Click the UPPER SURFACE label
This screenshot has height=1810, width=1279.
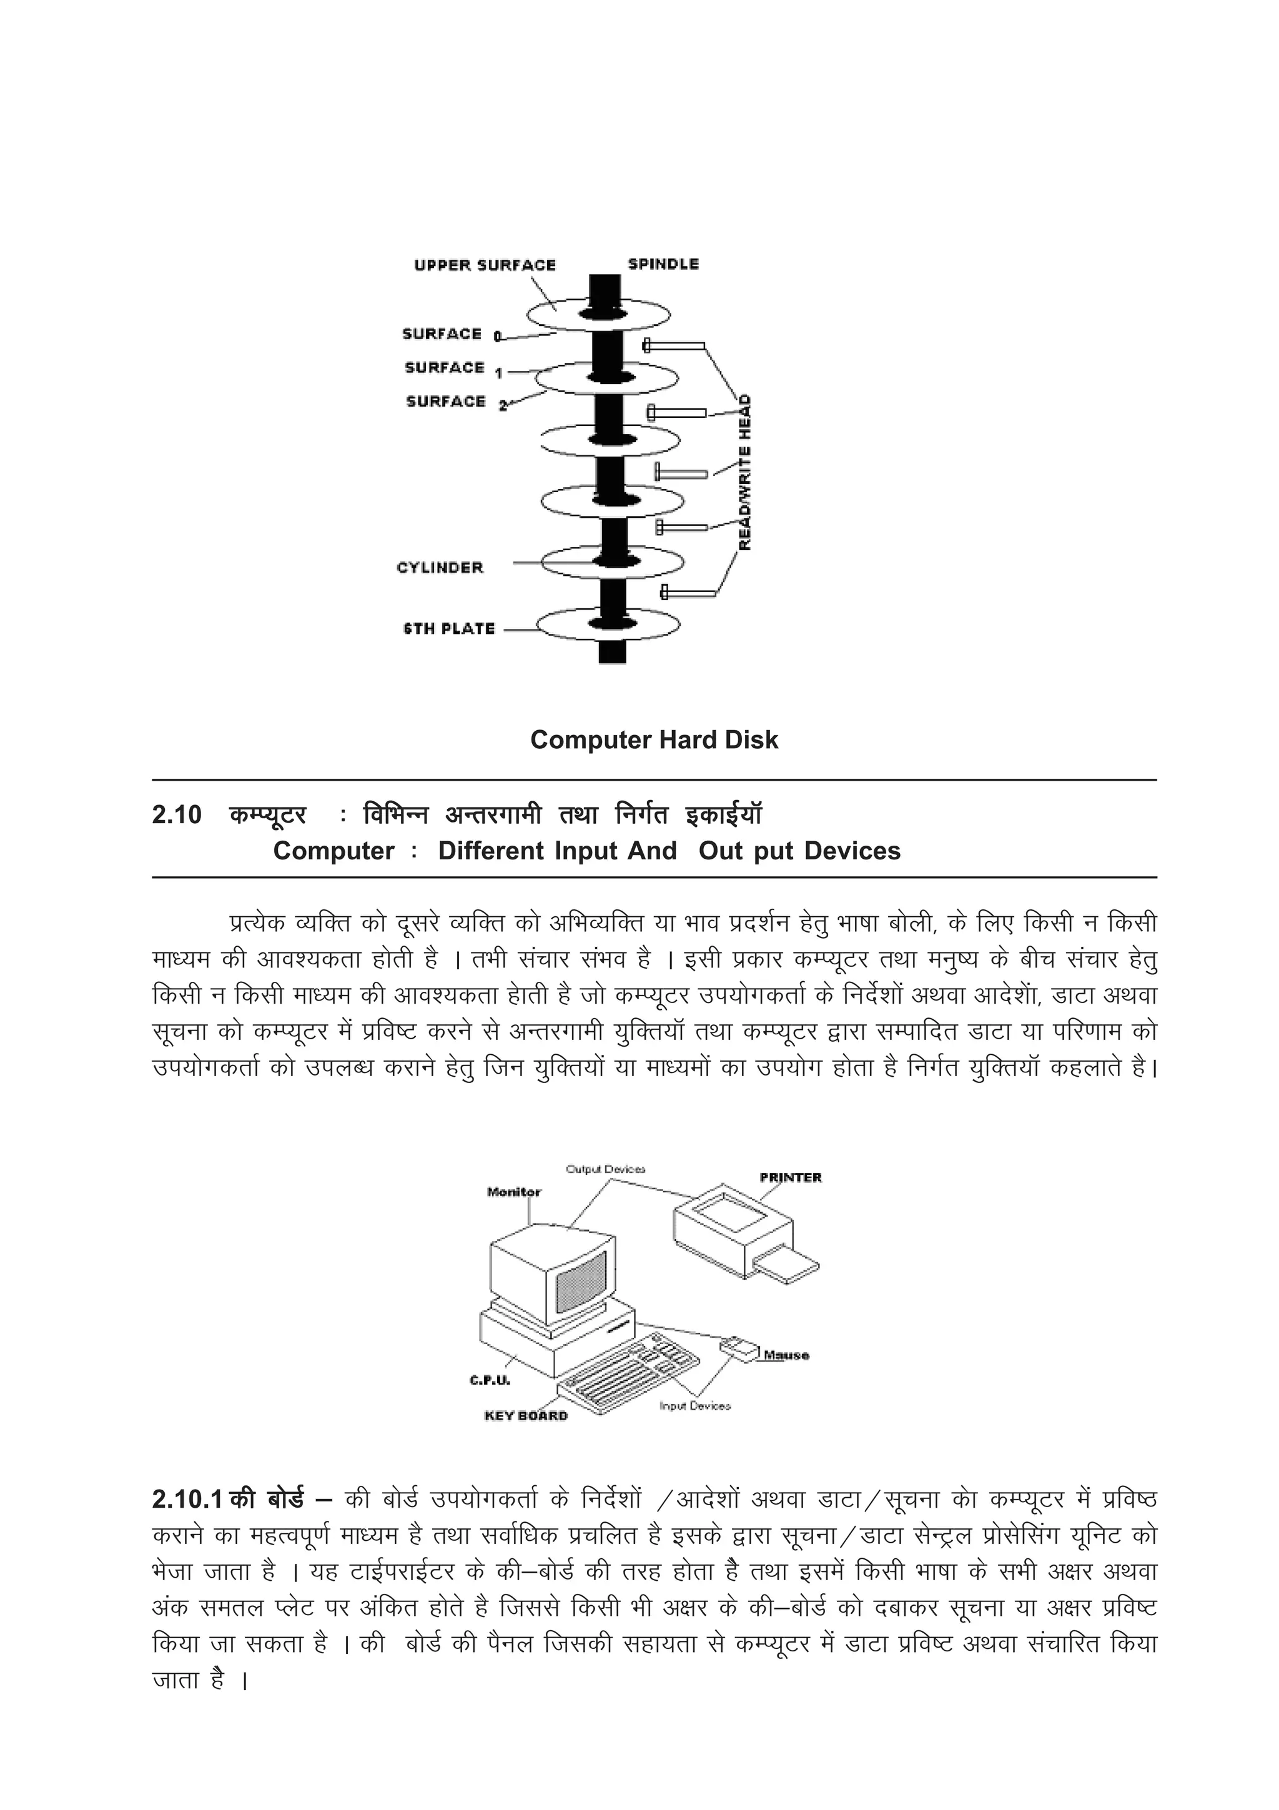point(484,265)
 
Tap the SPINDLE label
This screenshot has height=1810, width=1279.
point(663,264)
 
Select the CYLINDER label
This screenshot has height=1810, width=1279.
point(440,568)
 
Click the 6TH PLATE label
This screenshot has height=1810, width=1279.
point(448,629)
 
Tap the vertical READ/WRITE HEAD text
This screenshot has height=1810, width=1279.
point(744,473)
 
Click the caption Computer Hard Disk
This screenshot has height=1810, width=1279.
point(653,739)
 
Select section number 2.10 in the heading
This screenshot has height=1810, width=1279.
point(177,814)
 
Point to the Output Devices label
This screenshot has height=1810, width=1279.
point(605,1169)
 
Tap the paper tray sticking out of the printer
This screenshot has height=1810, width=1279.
point(788,1267)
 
